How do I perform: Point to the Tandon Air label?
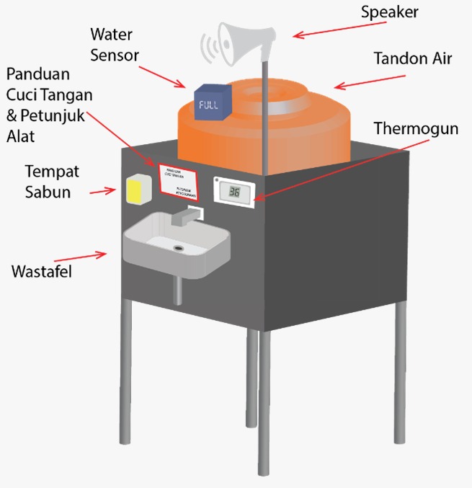[x=413, y=59]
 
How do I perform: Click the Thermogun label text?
[x=416, y=129]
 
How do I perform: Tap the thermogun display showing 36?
[x=234, y=192]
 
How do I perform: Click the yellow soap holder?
[x=137, y=189]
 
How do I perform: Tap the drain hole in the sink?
[x=178, y=247]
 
